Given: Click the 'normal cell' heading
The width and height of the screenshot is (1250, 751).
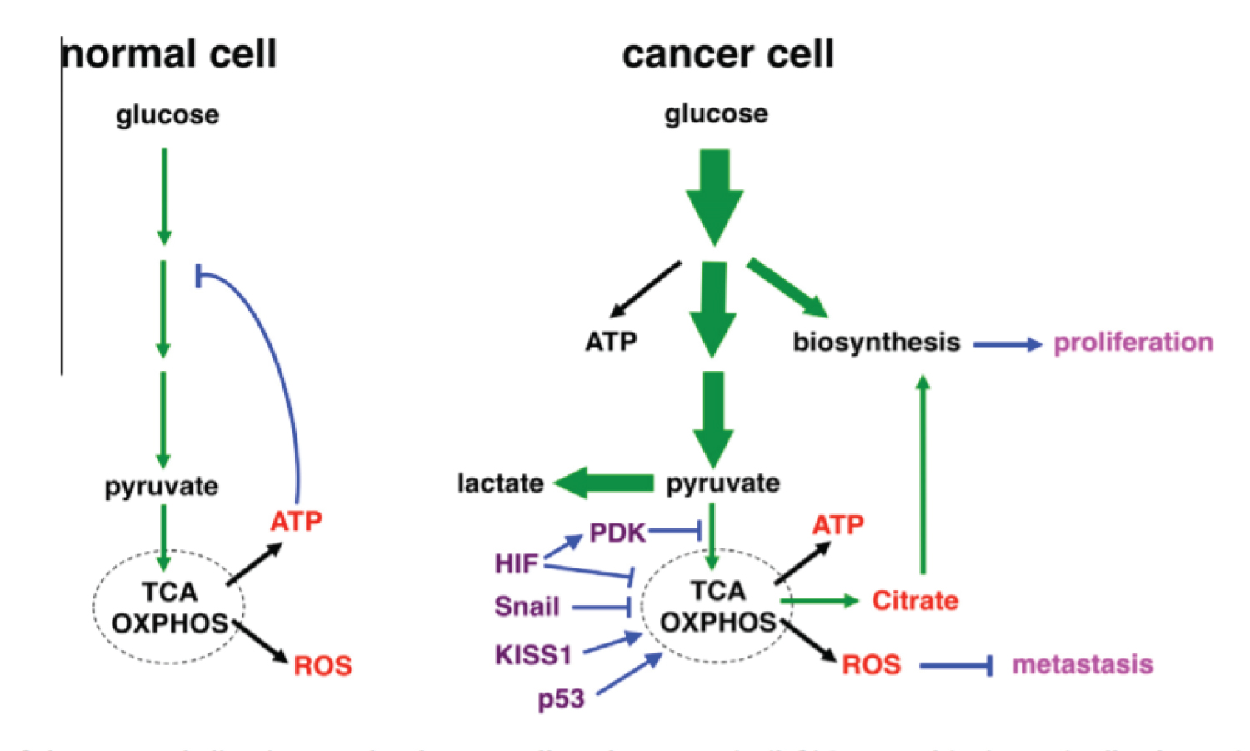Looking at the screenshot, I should [169, 54].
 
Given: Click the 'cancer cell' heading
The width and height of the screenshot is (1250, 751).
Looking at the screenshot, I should [727, 54].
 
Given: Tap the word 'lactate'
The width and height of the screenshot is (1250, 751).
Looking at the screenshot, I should [500, 483].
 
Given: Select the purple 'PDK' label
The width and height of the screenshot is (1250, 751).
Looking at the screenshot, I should [617, 532].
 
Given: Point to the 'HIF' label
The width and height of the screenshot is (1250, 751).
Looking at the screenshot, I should [517, 563].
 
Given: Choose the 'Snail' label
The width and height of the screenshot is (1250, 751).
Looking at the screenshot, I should [527, 606].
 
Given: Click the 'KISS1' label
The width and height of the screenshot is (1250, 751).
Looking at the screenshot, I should [533, 655].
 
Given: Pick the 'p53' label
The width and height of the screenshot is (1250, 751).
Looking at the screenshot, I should [561, 698].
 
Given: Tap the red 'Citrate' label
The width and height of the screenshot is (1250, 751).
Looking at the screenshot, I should [915, 600].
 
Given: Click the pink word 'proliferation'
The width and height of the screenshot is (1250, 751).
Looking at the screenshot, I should [1133, 342].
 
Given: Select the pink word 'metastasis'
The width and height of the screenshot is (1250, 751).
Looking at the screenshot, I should [1082, 664].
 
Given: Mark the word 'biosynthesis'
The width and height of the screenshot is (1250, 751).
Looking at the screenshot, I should [877, 342].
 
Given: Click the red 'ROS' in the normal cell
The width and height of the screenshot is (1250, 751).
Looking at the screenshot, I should [322, 666].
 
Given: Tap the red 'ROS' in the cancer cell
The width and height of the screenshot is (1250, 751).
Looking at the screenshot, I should [871, 664].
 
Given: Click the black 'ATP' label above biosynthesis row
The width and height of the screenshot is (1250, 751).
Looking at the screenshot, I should [611, 341].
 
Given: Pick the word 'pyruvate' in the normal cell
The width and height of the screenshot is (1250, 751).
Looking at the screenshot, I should [162, 486].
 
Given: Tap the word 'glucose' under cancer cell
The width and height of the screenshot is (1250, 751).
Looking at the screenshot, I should [716, 113].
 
